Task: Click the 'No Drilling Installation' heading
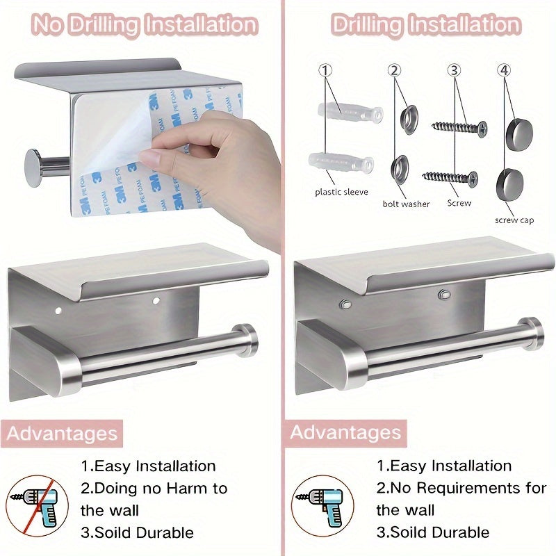(145, 26)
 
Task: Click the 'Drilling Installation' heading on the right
(425, 26)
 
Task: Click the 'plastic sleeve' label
(341, 192)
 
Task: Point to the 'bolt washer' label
(407, 204)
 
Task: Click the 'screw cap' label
(514, 220)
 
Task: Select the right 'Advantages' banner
(345, 432)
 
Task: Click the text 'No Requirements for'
(461, 488)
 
